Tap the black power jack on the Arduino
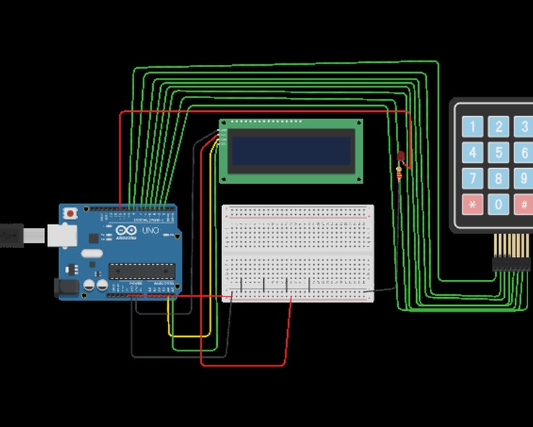coord(66,287)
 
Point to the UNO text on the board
coord(149,230)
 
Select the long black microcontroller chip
coord(142,270)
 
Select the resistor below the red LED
coord(400,174)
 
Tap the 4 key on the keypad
coord(472,153)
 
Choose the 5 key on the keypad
coord(498,153)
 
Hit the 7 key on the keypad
coord(472,178)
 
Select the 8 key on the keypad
coord(498,178)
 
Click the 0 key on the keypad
coord(498,204)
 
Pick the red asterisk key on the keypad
coord(472,204)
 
